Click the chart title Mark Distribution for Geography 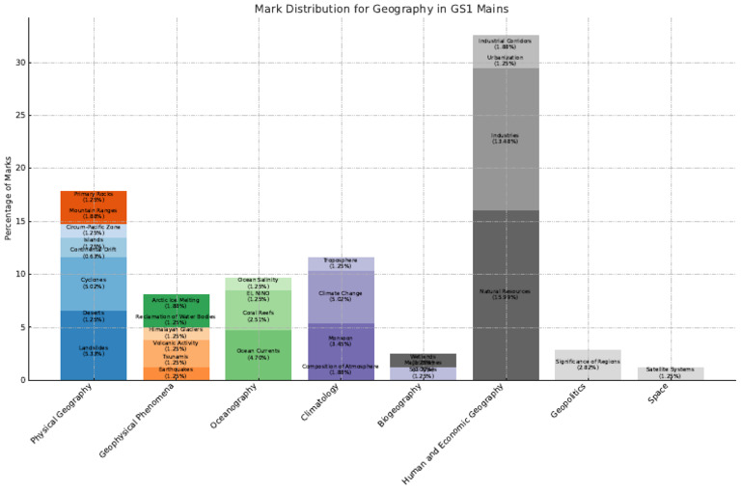pos(381,9)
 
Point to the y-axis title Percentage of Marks pos(10,198)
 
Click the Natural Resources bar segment pos(506,294)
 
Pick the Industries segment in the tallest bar pos(506,139)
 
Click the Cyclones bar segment pos(94,283)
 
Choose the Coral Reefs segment pos(258,315)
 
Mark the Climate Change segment pos(340,296)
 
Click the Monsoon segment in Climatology pos(340,342)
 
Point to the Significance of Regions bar pos(588,365)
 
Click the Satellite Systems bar pos(670,372)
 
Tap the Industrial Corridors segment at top pos(506,41)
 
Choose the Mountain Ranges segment pos(94,212)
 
